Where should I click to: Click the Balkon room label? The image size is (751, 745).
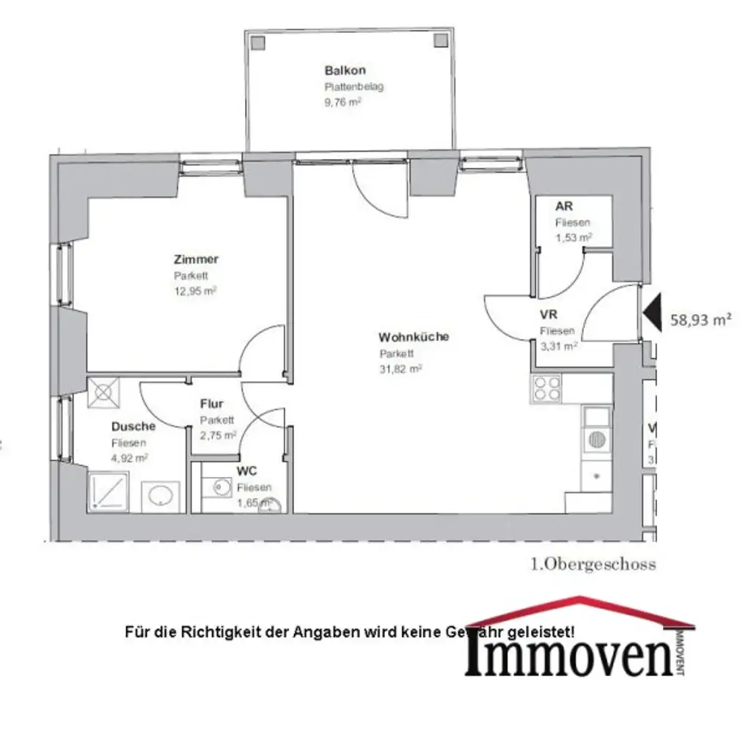click(x=345, y=71)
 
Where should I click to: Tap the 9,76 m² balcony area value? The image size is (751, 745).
click(x=342, y=102)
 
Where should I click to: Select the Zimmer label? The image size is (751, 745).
click(x=196, y=259)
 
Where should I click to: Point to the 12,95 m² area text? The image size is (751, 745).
click(x=195, y=290)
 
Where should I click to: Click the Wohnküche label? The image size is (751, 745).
click(x=413, y=338)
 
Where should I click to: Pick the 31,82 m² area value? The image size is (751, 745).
click(x=400, y=368)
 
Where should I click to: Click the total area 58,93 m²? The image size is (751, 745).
click(x=701, y=319)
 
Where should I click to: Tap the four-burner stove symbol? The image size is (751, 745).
click(x=546, y=388)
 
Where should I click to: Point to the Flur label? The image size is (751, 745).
click(x=211, y=404)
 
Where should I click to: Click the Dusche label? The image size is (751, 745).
click(x=133, y=426)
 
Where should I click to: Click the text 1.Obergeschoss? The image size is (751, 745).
click(x=593, y=564)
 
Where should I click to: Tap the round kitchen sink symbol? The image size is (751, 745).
click(x=596, y=440)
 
